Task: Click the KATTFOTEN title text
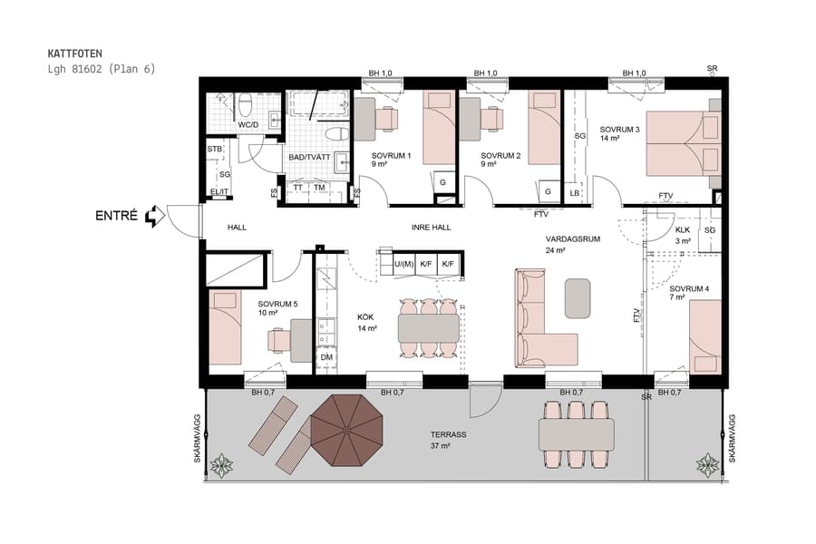click(74, 53)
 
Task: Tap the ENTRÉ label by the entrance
click(116, 216)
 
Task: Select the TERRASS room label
click(449, 435)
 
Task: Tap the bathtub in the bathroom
click(317, 104)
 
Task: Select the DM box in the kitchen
click(326, 358)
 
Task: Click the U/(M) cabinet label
click(404, 264)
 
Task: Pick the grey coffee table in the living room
click(578, 298)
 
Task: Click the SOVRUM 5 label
click(277, 304)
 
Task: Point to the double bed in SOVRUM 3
click(682, 143)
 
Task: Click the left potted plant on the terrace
click(220, 466)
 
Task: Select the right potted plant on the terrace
click(708, 465)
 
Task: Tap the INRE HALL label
click(431, 228)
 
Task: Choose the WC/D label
click(248, 125)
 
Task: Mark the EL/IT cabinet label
click(219, 192)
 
